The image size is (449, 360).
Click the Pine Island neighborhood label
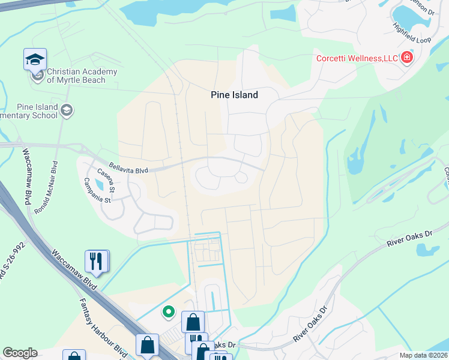(x=234, y=95)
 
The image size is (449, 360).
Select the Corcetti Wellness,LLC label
(x=358, y=58)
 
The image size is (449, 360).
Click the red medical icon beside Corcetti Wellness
(x=408, y=58)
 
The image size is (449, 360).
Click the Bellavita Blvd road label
(x=128, y=168)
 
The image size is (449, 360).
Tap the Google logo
(x=20, y=353)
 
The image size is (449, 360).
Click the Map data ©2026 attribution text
(x=423, y=355)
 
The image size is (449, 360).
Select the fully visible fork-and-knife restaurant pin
(x=97, y=261)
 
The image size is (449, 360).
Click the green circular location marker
(x=169, y=311)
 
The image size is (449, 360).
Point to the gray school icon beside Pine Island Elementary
(x=67, y=110)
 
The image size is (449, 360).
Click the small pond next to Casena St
(x=98, y=185)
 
